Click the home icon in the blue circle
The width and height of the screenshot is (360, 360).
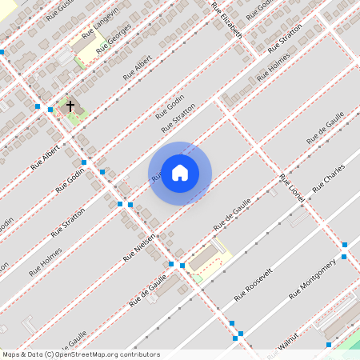[180, 173]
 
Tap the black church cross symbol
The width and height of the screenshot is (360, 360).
[70, 106]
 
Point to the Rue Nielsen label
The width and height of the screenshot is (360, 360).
[139, 249]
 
